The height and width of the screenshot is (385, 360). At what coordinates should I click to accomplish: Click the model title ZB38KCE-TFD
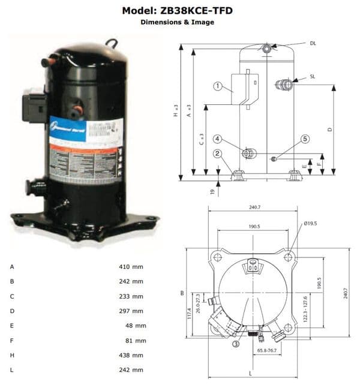point(177,10)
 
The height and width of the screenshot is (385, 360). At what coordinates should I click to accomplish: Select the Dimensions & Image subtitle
point(177,22)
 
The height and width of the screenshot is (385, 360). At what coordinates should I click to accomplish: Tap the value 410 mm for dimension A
point(131,266)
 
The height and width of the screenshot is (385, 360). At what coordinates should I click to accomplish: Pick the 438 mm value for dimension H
point(131,355)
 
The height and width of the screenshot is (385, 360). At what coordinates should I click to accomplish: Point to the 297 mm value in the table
point(131,311)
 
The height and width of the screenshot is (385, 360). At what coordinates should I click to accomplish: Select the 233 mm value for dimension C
point(131,296)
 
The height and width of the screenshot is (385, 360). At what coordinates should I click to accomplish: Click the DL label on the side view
point(313,43)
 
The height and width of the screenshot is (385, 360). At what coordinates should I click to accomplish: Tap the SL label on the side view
point(313,77)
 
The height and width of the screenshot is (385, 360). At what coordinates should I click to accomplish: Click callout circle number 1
point(217,86)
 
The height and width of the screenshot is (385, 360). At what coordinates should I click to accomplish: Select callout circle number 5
point(305,139)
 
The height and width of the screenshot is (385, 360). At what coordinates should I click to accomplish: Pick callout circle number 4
point(218,139)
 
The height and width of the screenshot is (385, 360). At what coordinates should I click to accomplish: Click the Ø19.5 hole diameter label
point(311,224)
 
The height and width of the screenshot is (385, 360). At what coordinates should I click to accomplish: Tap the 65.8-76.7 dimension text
point(266,350)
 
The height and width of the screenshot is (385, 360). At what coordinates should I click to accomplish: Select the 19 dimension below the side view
point(212,191)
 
